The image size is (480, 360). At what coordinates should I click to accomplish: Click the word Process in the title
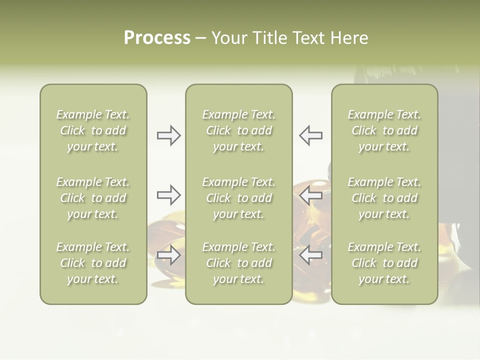pyautogui.click(x=157, y=38)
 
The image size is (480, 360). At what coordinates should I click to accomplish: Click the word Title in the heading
pyautogui.click(x=270, y=38)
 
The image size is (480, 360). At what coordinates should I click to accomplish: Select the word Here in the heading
pyautogui.click(x=349, y=38)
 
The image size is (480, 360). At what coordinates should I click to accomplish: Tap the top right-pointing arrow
pyautogui.click(x=169, y=135)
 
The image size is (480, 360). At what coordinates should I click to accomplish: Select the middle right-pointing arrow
pyautogui.click(x=169, y=195)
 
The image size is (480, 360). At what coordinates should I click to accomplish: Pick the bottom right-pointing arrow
pyautogui.click(x=169, y=255)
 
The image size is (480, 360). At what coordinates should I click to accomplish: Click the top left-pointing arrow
pyautogui.click(x=310, y=135)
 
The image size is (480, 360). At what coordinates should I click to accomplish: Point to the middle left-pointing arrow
pyautogui.click(x=310, y=195)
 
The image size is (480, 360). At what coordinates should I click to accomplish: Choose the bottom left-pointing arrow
pyautogui.click(x=310, y=255)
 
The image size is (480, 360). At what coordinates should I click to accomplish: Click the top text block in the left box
pyautogui.click(x=93, y=130)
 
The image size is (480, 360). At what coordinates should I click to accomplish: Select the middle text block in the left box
pyautogui.click(x=93, y=198)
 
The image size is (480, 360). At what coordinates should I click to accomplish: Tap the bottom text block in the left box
pyautogui.click(x=93, y=263)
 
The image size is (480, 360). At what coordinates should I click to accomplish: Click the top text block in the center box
pyautogui.click(x=238, y=130)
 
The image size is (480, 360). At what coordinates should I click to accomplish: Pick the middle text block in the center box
pyautogui.click(x=238, y=198)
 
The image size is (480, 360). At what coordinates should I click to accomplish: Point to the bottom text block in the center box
pyautogui.click(x=238, y=263)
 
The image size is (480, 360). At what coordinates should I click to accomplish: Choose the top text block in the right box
pyautogui.click(x=384, y=130)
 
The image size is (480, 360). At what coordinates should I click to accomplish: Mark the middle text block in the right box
pyautogui.click(x=384, y=198)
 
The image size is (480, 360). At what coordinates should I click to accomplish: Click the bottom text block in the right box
pyautogui.click(x=384, y=263)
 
